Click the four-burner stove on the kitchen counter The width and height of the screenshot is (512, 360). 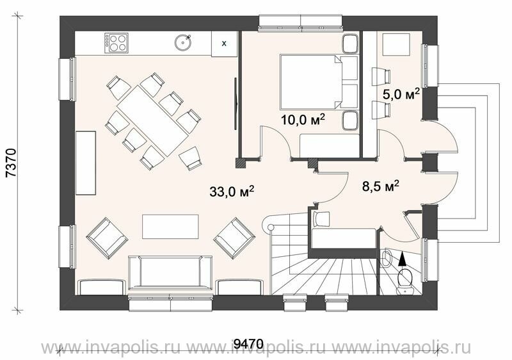[x=116, y=43]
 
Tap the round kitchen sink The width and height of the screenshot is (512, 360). [x=183, y=43]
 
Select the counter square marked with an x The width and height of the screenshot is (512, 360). [x=224, y=44]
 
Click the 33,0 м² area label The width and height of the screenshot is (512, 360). [x=232, y=191]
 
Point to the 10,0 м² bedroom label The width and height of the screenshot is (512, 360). [x=303, y=120]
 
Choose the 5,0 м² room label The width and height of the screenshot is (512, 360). [x=401, y=95]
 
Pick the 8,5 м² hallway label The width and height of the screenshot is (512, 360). [x=380, y=186]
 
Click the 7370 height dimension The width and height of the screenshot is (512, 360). [x=11, y=163]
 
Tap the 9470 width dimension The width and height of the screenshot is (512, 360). [x=249, y=343]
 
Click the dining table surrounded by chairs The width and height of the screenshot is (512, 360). [x=153, y=121]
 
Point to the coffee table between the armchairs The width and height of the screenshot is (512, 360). [x=170, y=227]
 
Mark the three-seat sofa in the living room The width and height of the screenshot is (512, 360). [x=170, y=274]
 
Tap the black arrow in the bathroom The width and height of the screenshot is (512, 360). [x=403, y=258]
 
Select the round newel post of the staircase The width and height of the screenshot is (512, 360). [x=271, y=227]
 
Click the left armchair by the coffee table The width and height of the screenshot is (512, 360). [x=107, y=238]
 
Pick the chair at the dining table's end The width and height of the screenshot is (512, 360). [x=190, y=158]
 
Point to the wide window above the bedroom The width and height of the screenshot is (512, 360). [x=300, y=23]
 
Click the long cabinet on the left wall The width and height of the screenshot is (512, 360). [x=86, y=163]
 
